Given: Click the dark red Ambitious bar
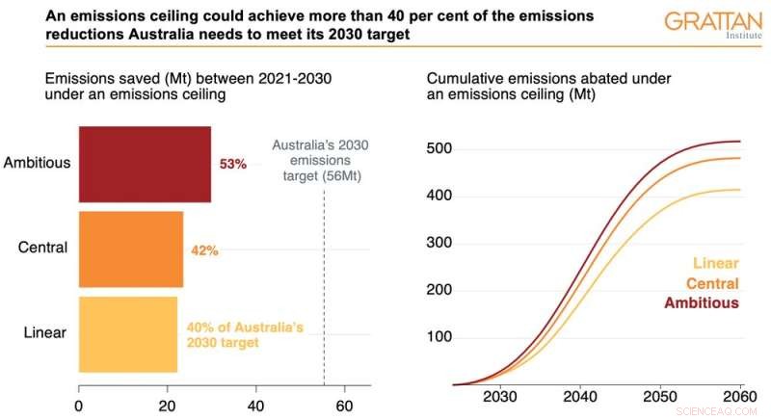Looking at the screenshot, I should coord(145,164).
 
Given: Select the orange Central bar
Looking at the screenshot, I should coord(130,249).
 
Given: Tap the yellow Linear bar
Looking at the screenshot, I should coord(127,333).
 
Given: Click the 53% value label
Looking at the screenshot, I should coord(233,165).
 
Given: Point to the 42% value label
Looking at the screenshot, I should coord(205,250).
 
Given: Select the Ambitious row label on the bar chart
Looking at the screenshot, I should coord(37,163).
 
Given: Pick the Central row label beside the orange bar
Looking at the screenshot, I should coord(42,248).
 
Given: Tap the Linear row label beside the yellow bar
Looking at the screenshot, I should coord(44,333).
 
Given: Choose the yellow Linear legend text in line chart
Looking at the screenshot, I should coord(715,264).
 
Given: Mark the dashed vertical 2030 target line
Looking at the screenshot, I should coord(324,289).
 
